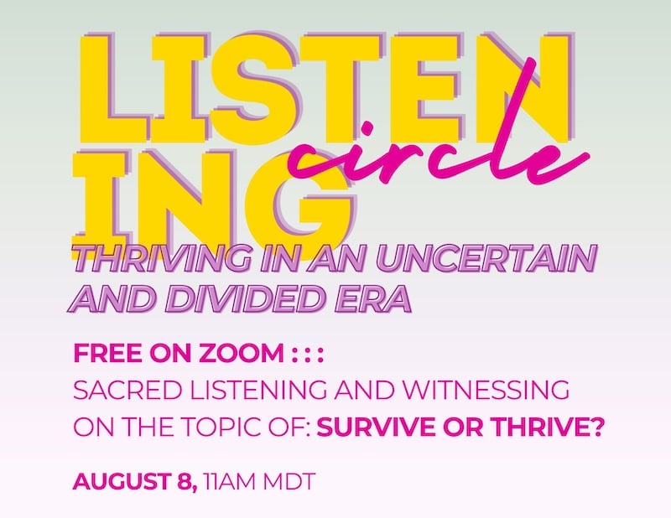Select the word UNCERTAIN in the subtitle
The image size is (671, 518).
[x=486, y=259]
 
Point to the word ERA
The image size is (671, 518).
[x=373, y=298]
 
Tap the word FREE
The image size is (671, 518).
[x=108, y=353]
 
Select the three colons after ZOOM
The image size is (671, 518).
[x=307, y=355]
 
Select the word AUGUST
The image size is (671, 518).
[x=122, y=481]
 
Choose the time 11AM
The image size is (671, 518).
[x=230, y=481]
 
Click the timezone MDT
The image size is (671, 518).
[x=289, y=481]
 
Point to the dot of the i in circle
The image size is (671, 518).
[x=367, y=128]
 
